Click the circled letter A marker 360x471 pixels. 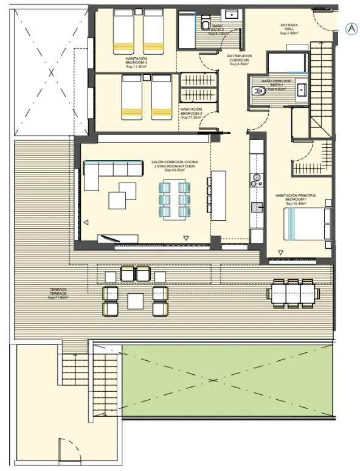click(x=351, y=28)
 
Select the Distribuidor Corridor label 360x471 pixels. click(x=240, y=60)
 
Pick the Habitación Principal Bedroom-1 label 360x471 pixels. click(x=296, y=199)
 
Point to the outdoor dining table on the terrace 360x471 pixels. click(x=293, y=294)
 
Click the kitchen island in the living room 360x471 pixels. click(x=218, y=195)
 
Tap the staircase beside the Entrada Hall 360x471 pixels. click(x=322, y=85)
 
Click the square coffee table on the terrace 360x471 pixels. click(x=135, y=300)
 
